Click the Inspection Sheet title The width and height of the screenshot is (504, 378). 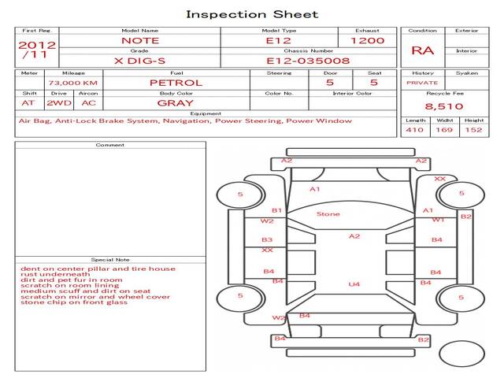(x=252, y=14)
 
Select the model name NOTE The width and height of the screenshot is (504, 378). (x=140, y=40)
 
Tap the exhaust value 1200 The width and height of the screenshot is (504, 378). (x=367, y=40)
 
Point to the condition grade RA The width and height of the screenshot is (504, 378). (x=423, y=51)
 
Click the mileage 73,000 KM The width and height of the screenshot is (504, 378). (x=72, y=82)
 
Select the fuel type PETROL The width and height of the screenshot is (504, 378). (x=176, y=82)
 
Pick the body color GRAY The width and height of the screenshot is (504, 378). (x=176, y=102)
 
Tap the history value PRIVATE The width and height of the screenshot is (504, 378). (x=422, y=82)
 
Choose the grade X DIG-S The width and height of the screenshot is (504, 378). (x=140, y=60)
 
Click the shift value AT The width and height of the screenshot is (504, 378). (x=28, y=102)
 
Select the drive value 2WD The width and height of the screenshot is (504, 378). (x=56, y=102)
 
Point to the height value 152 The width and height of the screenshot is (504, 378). (x=473, y=131)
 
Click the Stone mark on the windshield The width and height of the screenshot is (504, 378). (x=328, y=214)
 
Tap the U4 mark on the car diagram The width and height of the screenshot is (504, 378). (x=354, y=283)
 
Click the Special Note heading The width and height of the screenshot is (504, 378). (x=110, y=259)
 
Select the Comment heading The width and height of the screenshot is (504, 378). (x=110, y=145)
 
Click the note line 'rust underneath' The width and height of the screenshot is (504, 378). (x=50, y=274)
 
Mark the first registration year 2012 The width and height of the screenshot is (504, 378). (x=36, y=45)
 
